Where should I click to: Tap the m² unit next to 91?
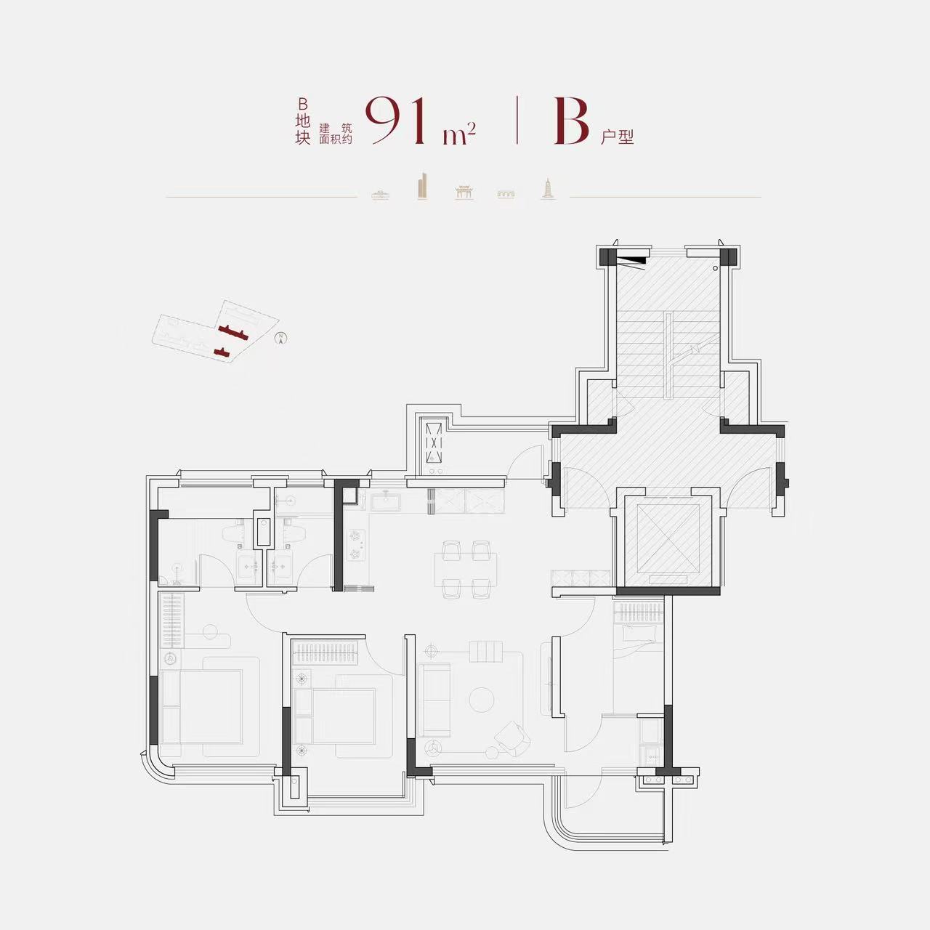(x=459, y=134)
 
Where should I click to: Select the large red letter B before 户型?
(x=571, y=121)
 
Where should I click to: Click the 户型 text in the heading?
(x=618, y=137)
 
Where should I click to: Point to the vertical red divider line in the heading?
(x=517, y=120)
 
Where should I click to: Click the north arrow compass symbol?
(x=280, y=339)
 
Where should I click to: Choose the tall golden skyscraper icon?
(x=422, y=186)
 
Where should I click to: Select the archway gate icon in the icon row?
(x=464, y=191)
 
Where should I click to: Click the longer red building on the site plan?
(x=233, y=331)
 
